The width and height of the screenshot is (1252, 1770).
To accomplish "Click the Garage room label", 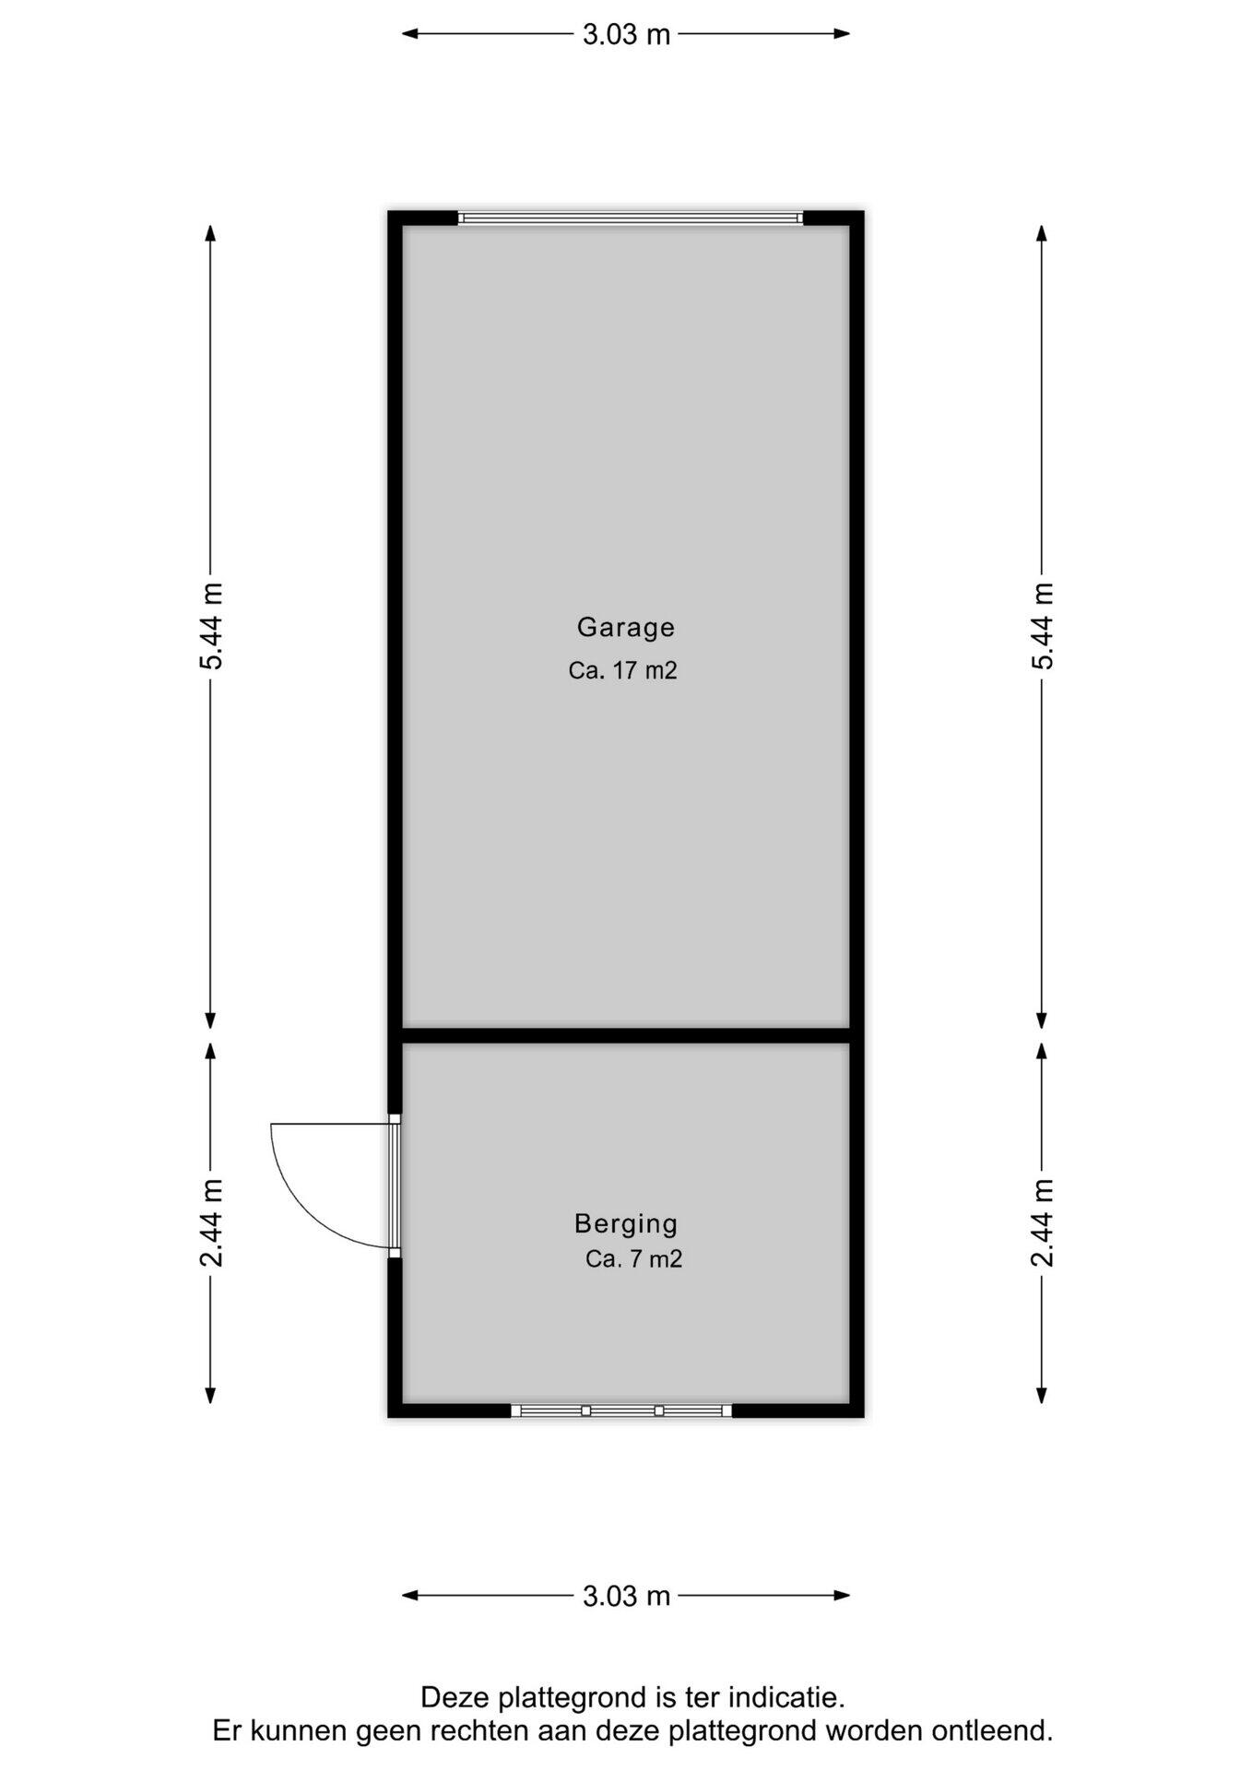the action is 626,628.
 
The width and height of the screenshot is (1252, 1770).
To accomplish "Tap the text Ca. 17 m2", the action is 623,670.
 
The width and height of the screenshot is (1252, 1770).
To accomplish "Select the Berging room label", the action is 626,1224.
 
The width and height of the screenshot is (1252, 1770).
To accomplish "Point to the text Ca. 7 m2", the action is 634,1258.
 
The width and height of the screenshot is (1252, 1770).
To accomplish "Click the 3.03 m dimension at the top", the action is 626,34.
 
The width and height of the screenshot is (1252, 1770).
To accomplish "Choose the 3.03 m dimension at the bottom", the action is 626,1596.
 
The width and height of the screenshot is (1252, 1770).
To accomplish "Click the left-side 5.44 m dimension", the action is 211,626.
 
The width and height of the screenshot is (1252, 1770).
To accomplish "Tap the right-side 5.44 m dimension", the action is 1042,626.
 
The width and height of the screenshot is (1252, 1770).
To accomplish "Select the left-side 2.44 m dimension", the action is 211,1223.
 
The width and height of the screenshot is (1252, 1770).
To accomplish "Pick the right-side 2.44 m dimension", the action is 1042,1223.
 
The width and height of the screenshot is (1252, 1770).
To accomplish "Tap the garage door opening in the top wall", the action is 631,218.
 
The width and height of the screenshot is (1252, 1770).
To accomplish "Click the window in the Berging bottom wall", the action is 621,1410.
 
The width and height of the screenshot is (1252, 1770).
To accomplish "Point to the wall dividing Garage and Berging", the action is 626,1035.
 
